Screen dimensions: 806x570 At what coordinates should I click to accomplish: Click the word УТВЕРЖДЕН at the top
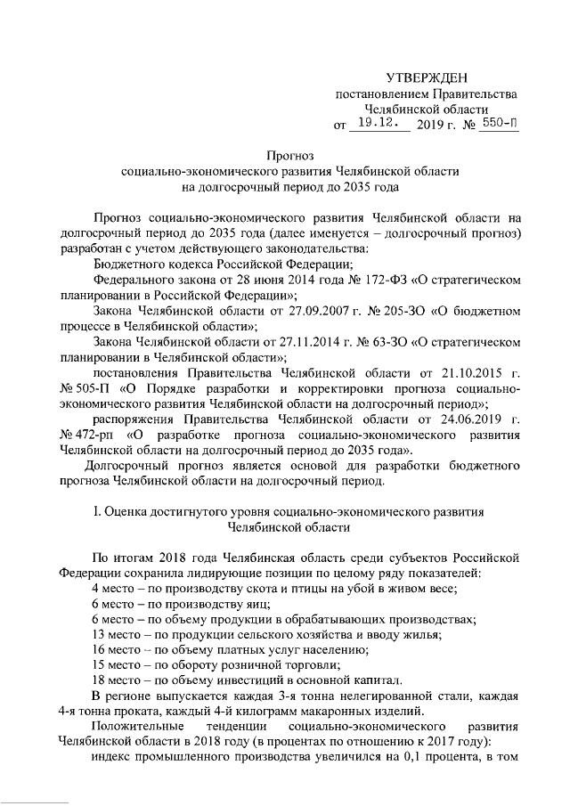tap(426, 80)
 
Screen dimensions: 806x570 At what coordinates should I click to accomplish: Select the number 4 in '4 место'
tap(96, 590)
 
